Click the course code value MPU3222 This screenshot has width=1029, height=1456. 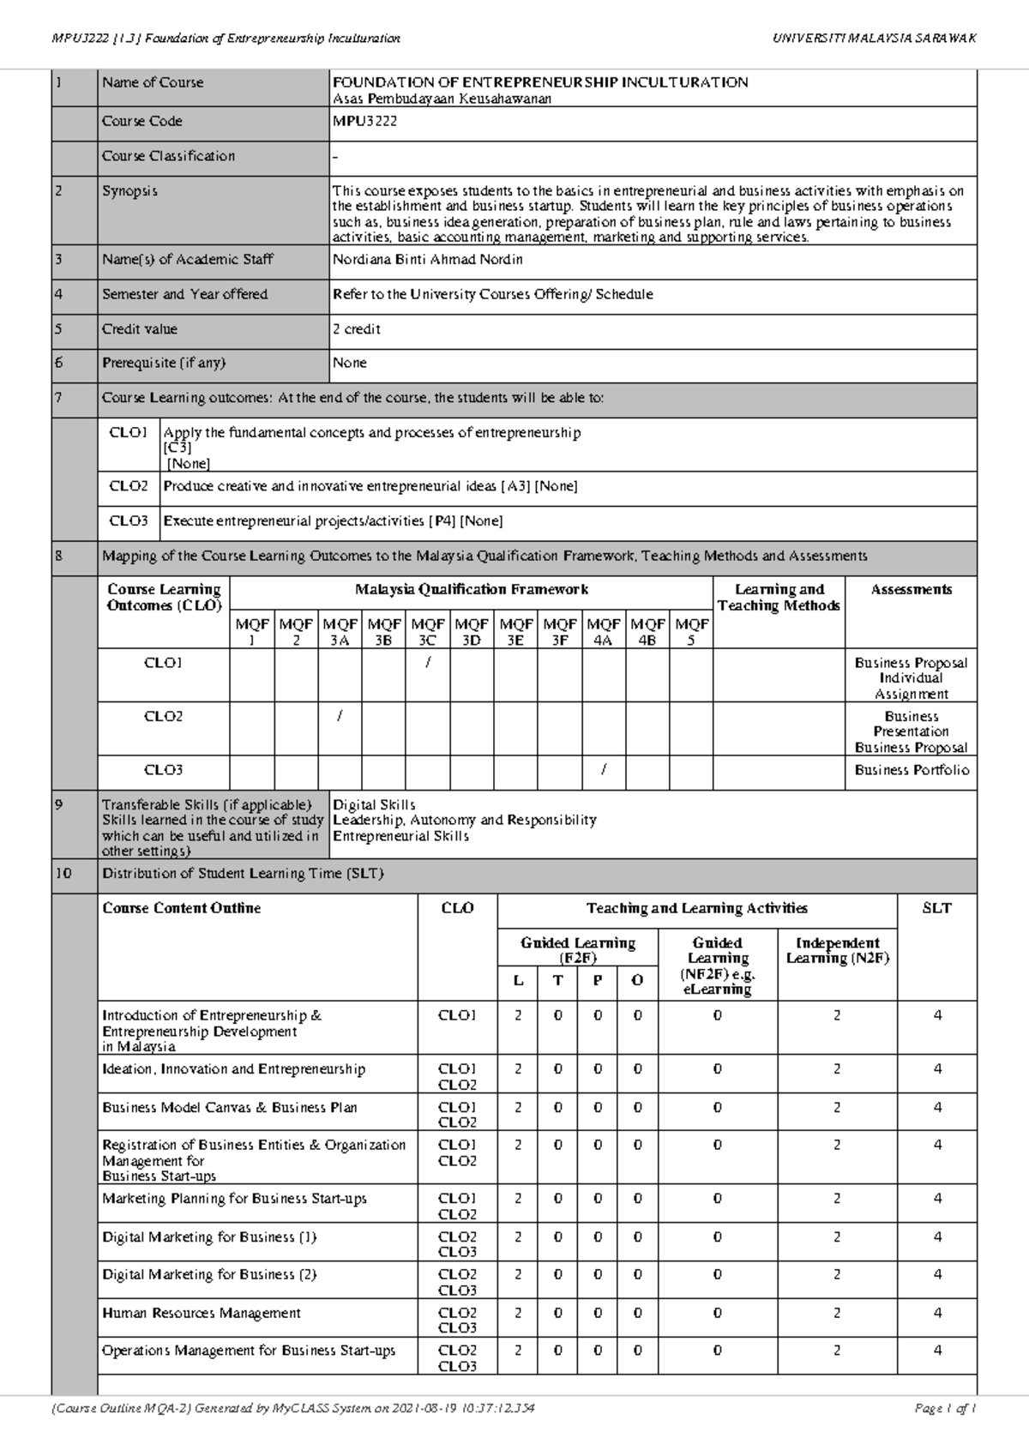click(365, 122)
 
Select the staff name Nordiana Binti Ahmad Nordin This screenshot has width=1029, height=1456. click(428, 260)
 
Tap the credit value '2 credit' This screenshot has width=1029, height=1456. click(357, 329)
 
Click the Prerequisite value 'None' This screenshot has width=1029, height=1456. click(350, 363)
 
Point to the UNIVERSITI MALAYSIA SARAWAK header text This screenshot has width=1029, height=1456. click(874, 39)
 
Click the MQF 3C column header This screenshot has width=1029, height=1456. click(427, 632)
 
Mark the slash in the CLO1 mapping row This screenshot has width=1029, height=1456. click(427, 663)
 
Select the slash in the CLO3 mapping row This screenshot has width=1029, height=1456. click(604, 770)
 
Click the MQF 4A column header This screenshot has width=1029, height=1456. click(604, 632)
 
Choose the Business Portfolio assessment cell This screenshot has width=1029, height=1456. click(912, 770)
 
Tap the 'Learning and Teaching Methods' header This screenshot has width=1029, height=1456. click(779, 598)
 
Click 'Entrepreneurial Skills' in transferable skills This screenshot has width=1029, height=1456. click(401, 836)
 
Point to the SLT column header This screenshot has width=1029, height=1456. click(936, 908)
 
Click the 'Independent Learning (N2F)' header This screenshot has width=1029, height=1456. click(837, 950)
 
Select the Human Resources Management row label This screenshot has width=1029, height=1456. click(202, 1313)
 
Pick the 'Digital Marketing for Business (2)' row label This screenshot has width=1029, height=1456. click(209, 1275)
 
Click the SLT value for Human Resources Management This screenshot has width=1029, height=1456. click(937, 1313)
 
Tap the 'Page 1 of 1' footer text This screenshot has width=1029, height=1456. click(945, 1408)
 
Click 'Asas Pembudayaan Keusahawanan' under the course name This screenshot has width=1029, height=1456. click(442, 99)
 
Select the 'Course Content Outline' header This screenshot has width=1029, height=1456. click(182, 908)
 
